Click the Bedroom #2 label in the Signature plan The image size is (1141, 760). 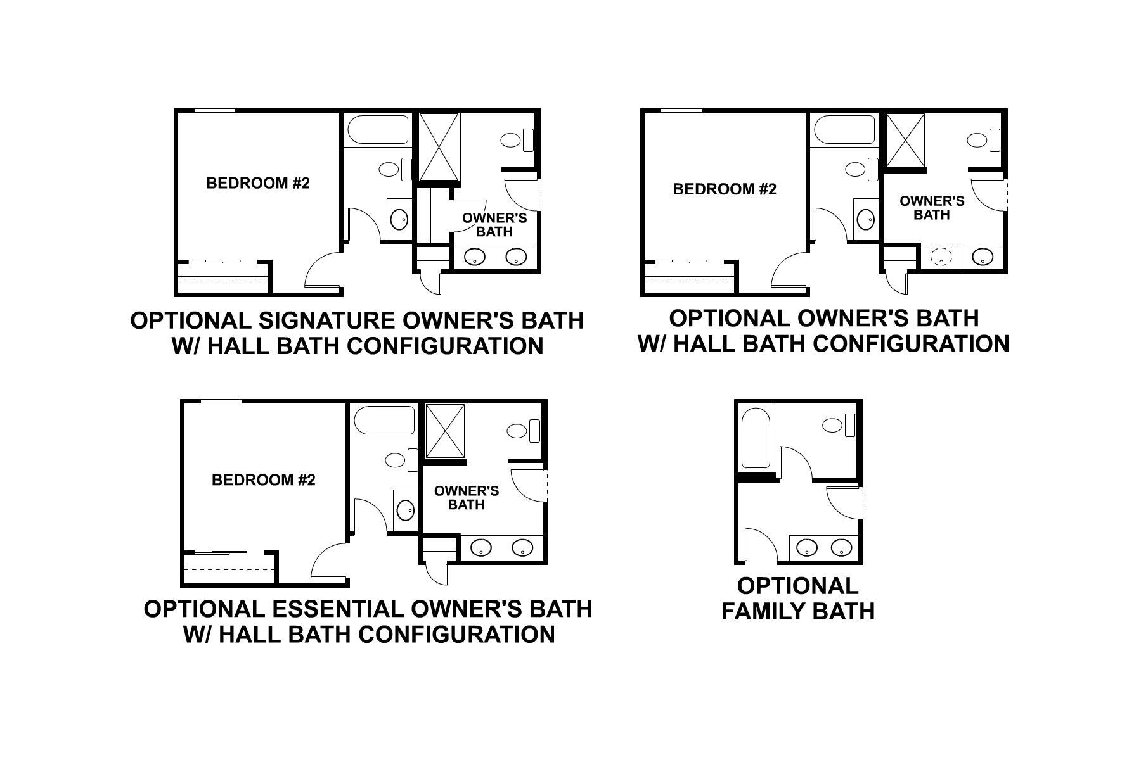tap(258, 184)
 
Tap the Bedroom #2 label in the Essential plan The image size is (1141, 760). tap(263, 480)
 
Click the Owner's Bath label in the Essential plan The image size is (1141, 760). tap(466, 498)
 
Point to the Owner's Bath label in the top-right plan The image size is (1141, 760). tap(932, 208)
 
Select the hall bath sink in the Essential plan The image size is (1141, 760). tap(403, 509)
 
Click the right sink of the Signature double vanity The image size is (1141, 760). tap(515, 257)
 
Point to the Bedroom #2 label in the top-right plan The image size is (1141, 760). tap(725, 189)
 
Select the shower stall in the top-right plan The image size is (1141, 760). tap(906, 141)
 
